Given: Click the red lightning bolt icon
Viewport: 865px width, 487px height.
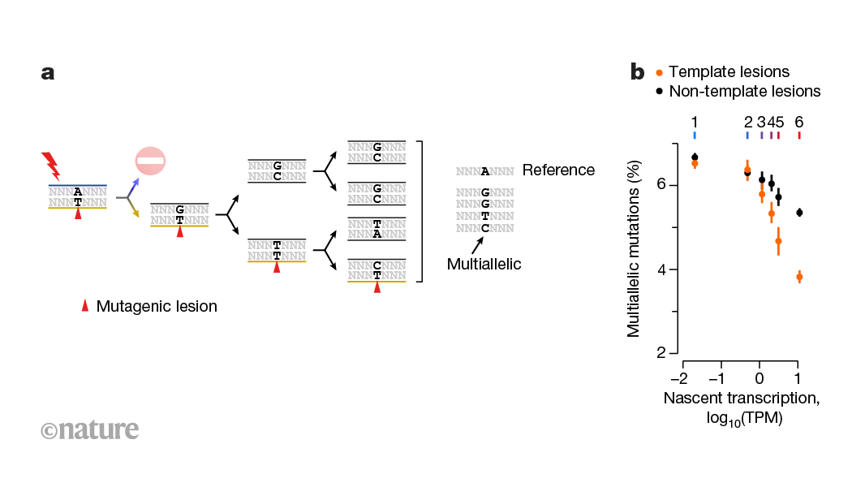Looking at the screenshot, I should (51, 166).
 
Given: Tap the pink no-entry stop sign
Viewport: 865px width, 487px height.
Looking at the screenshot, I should (150, 161).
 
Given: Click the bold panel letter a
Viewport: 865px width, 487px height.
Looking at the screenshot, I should (48, 73).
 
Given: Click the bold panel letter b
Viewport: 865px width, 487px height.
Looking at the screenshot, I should (638, 73).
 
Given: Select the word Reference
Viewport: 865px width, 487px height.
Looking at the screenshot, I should (558, 170).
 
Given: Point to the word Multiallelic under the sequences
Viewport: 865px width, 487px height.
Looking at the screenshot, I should (484, 264).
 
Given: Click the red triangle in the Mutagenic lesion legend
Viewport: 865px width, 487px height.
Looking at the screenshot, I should (84, 306).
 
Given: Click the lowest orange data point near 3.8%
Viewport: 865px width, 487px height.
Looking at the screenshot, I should (799, 277).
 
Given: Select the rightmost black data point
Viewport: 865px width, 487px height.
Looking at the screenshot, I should (799, 213).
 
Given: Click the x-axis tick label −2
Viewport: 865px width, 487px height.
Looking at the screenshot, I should (678, 378).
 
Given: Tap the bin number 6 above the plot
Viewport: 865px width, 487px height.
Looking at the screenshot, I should (799, 122).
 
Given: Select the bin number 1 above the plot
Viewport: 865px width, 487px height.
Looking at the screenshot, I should (695, 122).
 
